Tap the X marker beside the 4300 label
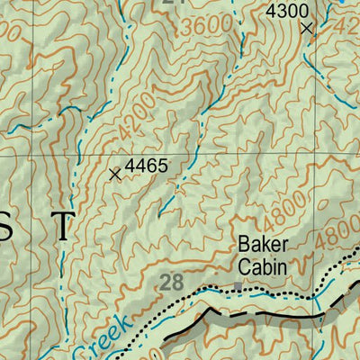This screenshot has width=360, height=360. (x=307, y=29)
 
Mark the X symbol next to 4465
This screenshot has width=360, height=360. (x=114, y=174)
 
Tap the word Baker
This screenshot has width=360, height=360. (x=263, y=245)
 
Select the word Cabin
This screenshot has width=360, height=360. (x=263, y=266)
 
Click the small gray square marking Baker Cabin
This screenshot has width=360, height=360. (x=238, y=286)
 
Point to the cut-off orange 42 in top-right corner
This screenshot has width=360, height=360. (x=350, y=27)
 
